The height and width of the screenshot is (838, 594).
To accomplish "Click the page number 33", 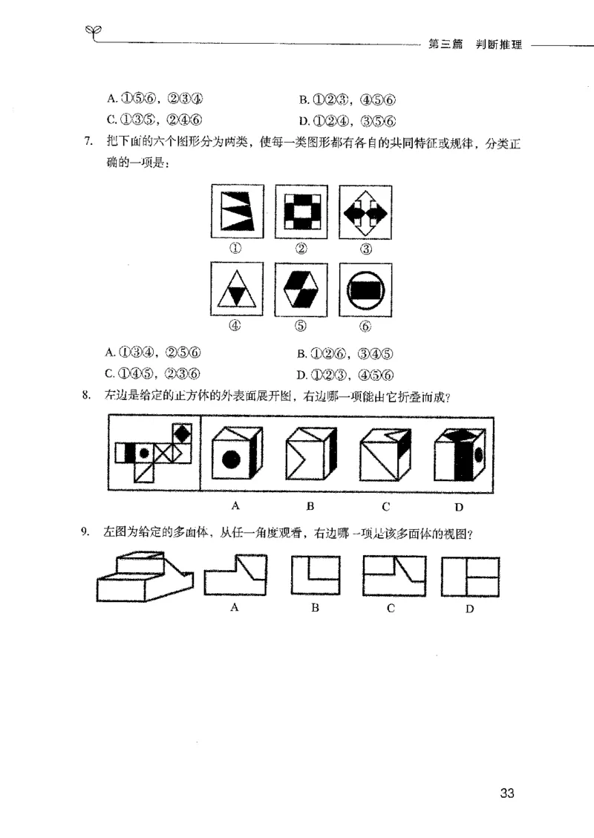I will [507, 793].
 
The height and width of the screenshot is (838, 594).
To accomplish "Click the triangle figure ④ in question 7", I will [237, 290].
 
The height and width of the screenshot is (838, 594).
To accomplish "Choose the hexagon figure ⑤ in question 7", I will [301, 290].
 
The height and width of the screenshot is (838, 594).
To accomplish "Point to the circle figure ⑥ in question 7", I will [365, 290].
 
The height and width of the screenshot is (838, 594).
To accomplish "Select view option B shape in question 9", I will [315, 576].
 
